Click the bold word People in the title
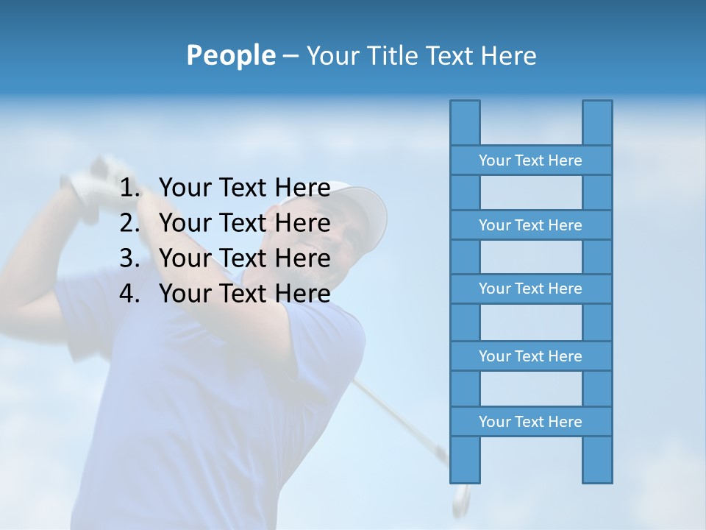(230, 55)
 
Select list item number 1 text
(244, 188)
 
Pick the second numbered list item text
(244, 223)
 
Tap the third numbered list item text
(244, 258)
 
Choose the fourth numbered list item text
(244, 294)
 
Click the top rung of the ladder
(530, 160)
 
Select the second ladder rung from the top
(530, 225)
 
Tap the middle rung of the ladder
(530, 289)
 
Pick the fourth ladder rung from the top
(530, 356)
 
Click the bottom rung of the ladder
(530, 422)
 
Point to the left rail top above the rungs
(465, 122)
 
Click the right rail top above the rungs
(597, 122)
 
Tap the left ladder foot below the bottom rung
(465, 459)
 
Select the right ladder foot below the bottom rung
(597, 459)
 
